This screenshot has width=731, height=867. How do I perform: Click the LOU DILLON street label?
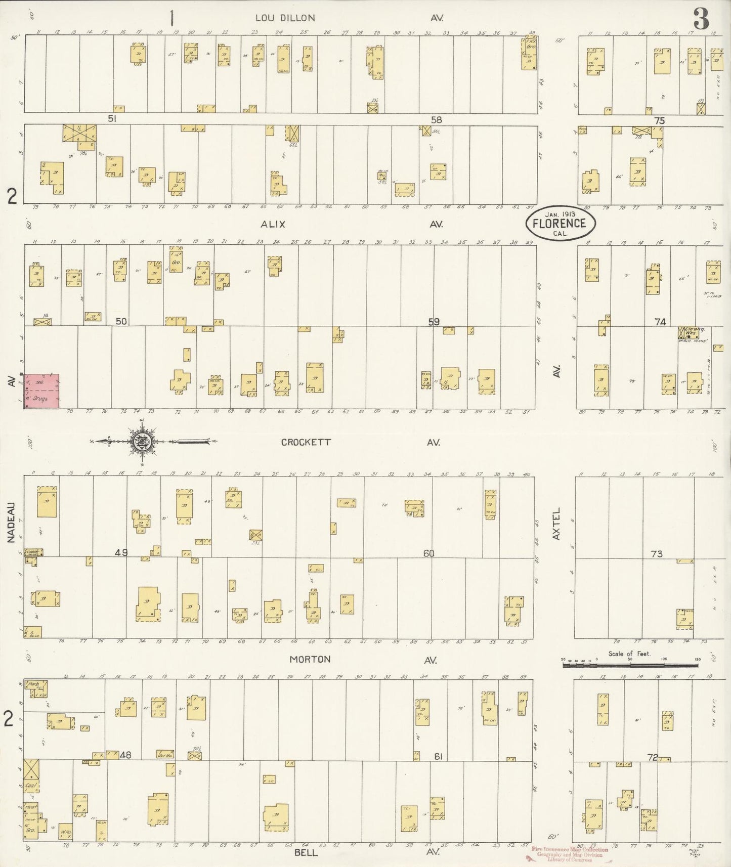(x=285, y=18)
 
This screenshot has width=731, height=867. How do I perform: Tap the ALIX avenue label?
(x=273, y=224)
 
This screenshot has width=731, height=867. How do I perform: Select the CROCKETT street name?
(x=306, y=442)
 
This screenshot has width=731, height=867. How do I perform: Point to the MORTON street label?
(x=310, y=659)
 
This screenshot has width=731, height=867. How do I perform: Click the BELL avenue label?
(x=306, y=852)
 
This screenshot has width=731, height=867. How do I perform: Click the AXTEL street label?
(x=557, y=524)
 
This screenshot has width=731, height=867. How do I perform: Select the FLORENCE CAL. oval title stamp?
(x=561, y=223)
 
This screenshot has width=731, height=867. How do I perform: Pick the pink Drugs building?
(x=42, y=391)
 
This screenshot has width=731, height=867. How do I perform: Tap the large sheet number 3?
(x=701, y=19)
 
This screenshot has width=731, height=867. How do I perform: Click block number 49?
(x=121, y=552)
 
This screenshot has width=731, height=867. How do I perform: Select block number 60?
(x=428, y=553)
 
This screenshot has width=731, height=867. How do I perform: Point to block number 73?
(x=656, y=554)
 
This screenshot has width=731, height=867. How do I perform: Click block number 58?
(x=436, y=120)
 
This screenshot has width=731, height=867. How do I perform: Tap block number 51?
(x=112, y=118)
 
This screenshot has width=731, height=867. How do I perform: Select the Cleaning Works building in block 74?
(x=690, y=332)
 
